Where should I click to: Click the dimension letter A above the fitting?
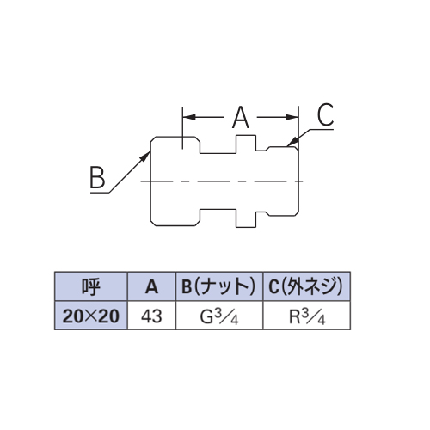pyautogui.click(x=241, y=117)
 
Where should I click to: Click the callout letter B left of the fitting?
pyautogui.click(x=97, y=177)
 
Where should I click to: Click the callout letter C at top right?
pyautogui.click(x=325, y=114)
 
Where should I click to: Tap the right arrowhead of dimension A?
pyautogui.click(x=292, y=117)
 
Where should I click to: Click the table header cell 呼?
pyautogui.click(x=91, y=286)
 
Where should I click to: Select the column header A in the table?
pyautogui.click(x=151, y=286)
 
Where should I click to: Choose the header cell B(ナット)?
pyautogui.click(x=219, y=286)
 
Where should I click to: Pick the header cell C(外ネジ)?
pyautogui.click(x=306, y=286)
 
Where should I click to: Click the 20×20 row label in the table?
pyautogui.click(x=91, y=316)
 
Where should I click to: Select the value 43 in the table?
pyautogui.click(x=151, y=316)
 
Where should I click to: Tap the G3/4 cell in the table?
pyautogui.click(x=219, y=316)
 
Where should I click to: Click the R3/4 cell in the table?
pyautogui.click(x=306, y=316)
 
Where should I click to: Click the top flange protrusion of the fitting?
pyautogui.click(x=246, y=144)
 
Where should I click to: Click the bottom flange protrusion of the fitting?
pyautogui.click(x=246, y=218)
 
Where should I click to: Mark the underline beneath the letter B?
pyautogui.click(x=100, y=193)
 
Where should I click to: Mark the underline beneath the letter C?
pyautogui.click(x=322, y=129)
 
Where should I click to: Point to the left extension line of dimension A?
pyautogui.click(x=183, y=128)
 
